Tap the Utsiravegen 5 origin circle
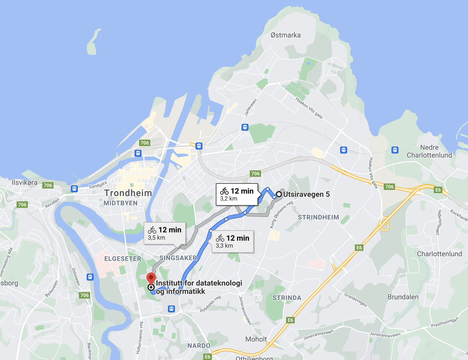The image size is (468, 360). (279, 194)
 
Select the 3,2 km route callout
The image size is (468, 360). (237, 194)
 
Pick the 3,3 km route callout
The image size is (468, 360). (232, 241)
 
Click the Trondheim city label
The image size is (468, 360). (128, 193)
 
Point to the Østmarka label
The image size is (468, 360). (285, 35)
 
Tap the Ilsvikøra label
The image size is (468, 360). (25, 182)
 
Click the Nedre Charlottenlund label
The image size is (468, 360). (429, 151)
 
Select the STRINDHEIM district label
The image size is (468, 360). (318, 217)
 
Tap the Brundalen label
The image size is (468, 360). (403, 297)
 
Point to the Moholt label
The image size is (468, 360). (256, 339)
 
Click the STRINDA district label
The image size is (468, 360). (287, 298)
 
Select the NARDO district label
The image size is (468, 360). (199, 346)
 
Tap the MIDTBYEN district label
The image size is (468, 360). (121, 203)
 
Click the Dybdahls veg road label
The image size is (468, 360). (210, 301)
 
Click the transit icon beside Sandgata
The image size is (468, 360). (74, 189)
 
